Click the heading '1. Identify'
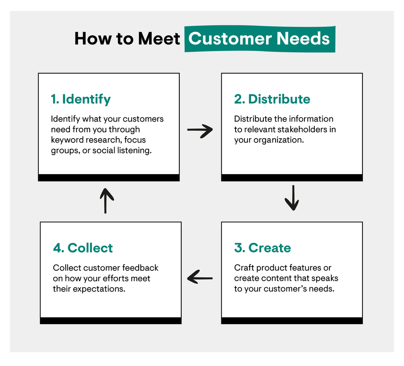coord(81,99)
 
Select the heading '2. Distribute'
coord(272,99)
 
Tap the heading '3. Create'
coord(262,248)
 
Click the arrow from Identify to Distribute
coord(200,131)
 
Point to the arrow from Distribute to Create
coord(292,198)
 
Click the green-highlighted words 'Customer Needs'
coord(260,38)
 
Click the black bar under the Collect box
coord(110,321)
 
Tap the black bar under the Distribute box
coord(292,178)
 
